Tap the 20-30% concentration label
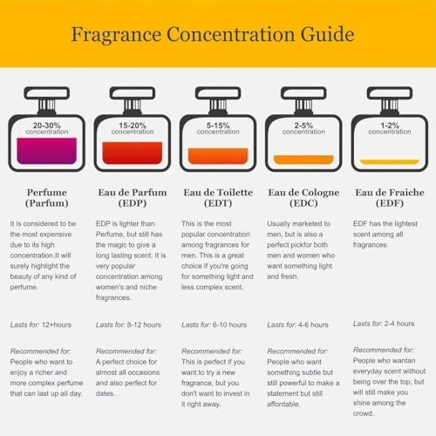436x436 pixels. click(46, 128)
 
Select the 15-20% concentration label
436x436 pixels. click(132, 128)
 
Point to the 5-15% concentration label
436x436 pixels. click(217, 128)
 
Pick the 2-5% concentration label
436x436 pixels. click(303, 128)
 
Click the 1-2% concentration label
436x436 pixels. click(388, 128)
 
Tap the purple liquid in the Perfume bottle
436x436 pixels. click(46, 152)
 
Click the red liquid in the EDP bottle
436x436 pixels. click(132, 153)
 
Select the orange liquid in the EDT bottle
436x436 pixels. click(217, 157)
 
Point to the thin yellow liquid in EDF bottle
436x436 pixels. click(388, 162)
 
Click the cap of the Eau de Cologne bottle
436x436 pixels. click(303, 94)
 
